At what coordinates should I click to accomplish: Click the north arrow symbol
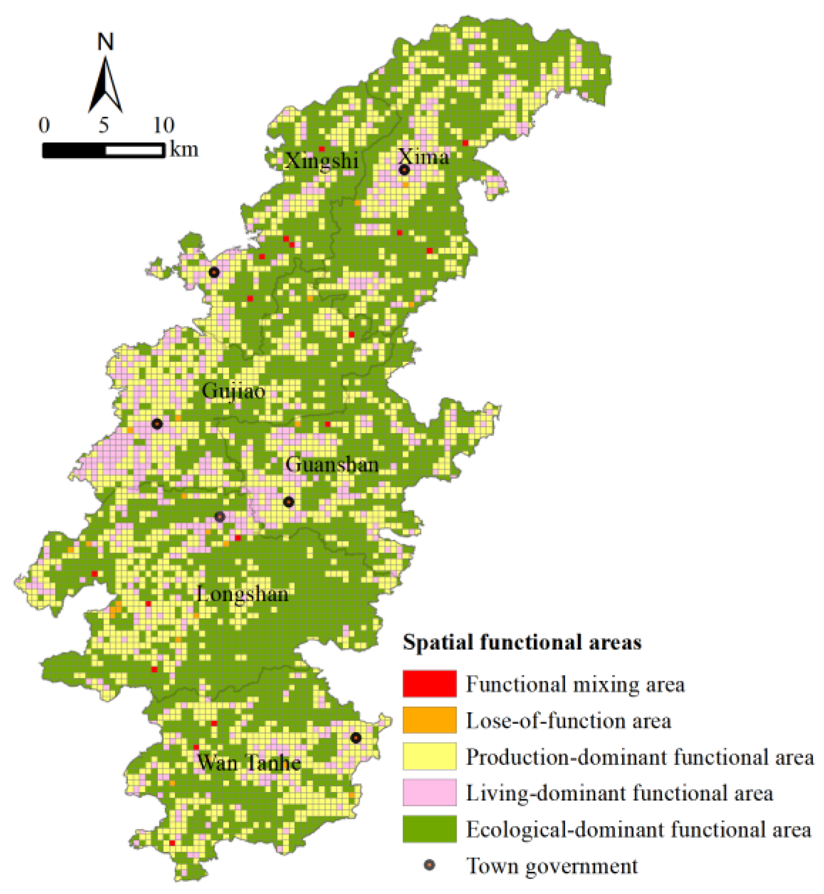pyautogui.click(x=105, y=85)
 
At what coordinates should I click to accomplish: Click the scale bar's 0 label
pyautogui.click(x=44, y=125)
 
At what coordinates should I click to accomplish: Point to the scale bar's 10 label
pyautogui.click(x=163, y=125)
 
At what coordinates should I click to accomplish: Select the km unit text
pyautogui.click(x=184, y=149)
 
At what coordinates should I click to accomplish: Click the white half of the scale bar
pyautogui.click(x=134, y=150)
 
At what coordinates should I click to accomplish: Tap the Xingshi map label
pyautogui.click(x=321, y=160)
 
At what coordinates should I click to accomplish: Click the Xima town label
pyautogui.click(x=423, y=157)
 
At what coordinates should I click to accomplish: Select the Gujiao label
pyautogui.click(x=233, y=391)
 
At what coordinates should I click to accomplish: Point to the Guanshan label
pyautogui.click(x=332, y=464)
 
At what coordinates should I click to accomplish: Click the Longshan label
pyautogui.click(x=242, y=594)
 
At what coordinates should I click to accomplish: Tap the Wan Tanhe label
pyautogui.click(x=249, y=763)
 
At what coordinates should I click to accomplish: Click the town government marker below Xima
pyautogui.click(x=404, y=170)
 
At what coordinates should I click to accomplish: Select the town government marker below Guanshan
pyautogui.click(x=288, y=501)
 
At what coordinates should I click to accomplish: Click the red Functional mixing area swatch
pyautogui.click(x=429, y=683)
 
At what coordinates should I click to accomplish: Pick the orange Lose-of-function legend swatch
pyautogui.click(x=429, y=720)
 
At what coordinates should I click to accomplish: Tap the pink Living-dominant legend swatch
pyautogui.click(x=429, y=792)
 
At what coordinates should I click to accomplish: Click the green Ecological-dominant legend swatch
pyautogui.click(x=429, y=829)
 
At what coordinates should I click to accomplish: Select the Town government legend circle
pyautogui.click(x=429, y=865)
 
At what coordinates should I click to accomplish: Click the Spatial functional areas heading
pyautogui.click(x=522, y=642)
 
